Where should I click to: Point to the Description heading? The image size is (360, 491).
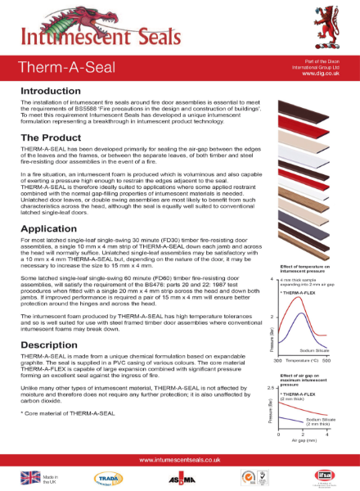tap(53, 345)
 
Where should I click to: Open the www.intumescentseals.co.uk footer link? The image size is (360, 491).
tap(179, 460)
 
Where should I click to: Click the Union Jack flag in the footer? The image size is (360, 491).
tap(30, 477)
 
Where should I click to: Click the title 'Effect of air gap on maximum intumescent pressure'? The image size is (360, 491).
tap(302, 377)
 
